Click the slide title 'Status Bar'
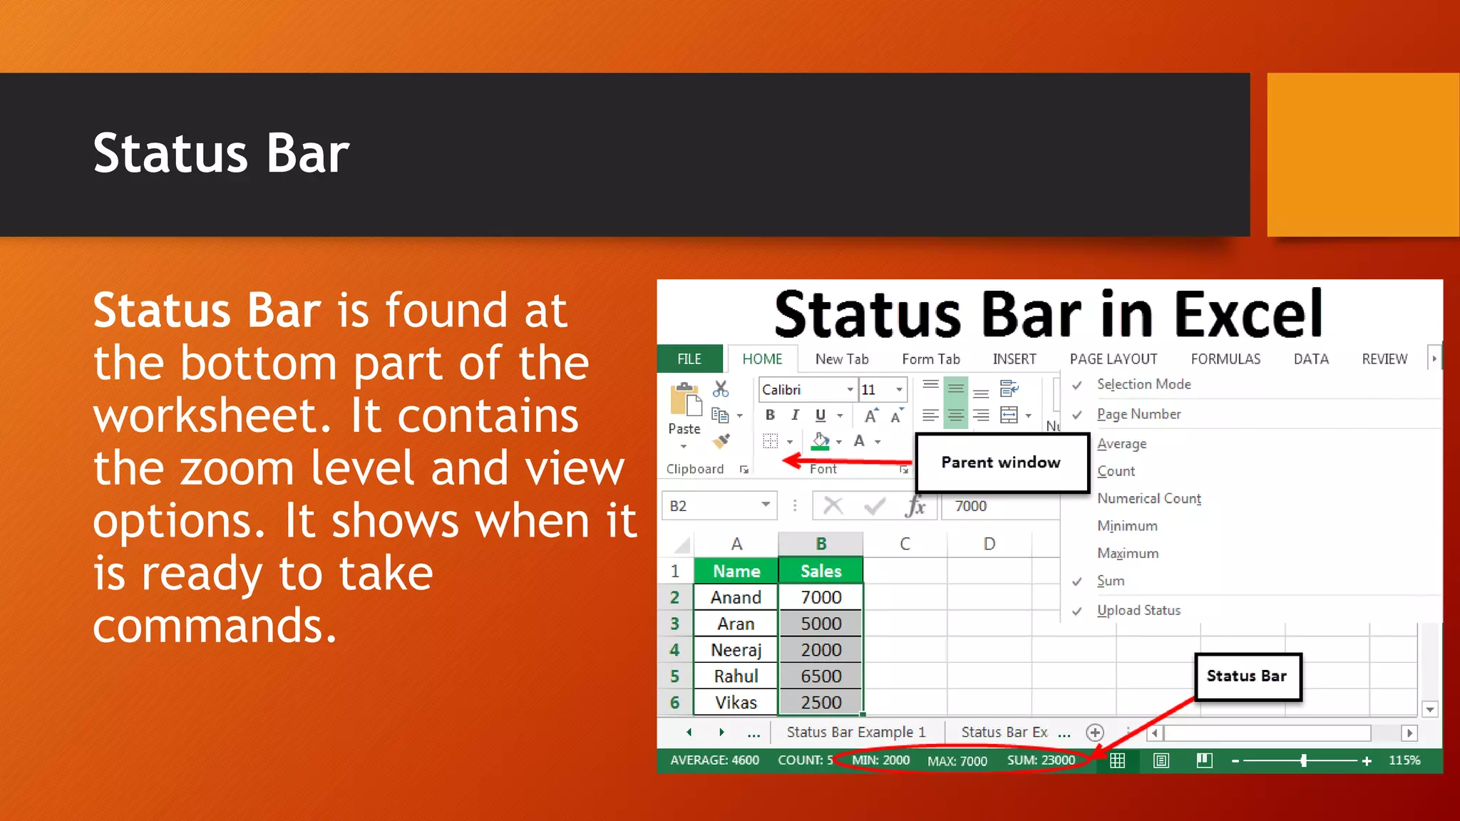click(221, 154)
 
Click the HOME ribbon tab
click(762, 359)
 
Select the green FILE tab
click(689, 359)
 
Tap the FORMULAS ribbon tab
click(1225, 359)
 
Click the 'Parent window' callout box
click(1002, 463)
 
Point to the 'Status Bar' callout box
click(1247, 676)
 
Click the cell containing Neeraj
click(736, 650)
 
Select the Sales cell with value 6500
click(821, 676)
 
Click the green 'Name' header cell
click(736, 571)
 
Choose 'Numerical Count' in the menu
click(1149, 498)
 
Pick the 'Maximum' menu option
click(1128, 554)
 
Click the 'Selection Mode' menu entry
click(1143, 384)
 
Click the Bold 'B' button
click(770, 415)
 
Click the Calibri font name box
click(802, 390)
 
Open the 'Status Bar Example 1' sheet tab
click(855, 732)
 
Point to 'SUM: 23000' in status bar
click(1041, 760)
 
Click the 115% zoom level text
click(1404, 760)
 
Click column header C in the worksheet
click(905, 544)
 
